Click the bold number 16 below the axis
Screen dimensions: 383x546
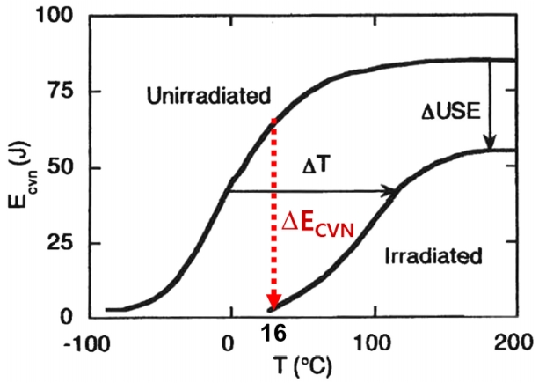pyautogui.click(x=275, y=334)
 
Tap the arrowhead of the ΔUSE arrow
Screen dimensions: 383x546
pyautogui.click(x=490, y=143)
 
